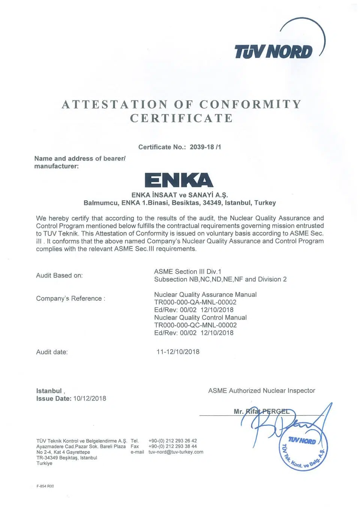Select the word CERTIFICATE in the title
pyautogui.click(x=181, y=118)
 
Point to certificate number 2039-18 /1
pyautogui.click(x=205, y=147)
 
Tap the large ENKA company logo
pyautogui.click(x=179, y=180)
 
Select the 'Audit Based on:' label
pyautogui.click(x=59, y=275)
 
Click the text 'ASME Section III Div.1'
pyautogui.click(x=187, y=271)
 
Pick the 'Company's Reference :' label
pyautogui.click(x=70, y=298)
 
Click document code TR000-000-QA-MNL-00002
pyautogui.click(x=195, y=302)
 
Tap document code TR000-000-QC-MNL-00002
pyautogui.click(x=195, y=325)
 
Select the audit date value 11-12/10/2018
pyautogui.click(x=178, y=352)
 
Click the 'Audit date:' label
pyautogui.click(x=52, y=352)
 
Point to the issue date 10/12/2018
pyautogui.click(x=90, y=398)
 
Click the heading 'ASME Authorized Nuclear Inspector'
pyautogui.click(x=261, y=391)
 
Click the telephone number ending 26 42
pyautogui.click(x=172, y=441)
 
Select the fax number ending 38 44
pyautogui.click(x=172, y=446)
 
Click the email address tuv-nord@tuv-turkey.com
pyautogui.click(x=175, y=452)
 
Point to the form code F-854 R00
pyautogui.click(x=45, y=486)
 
